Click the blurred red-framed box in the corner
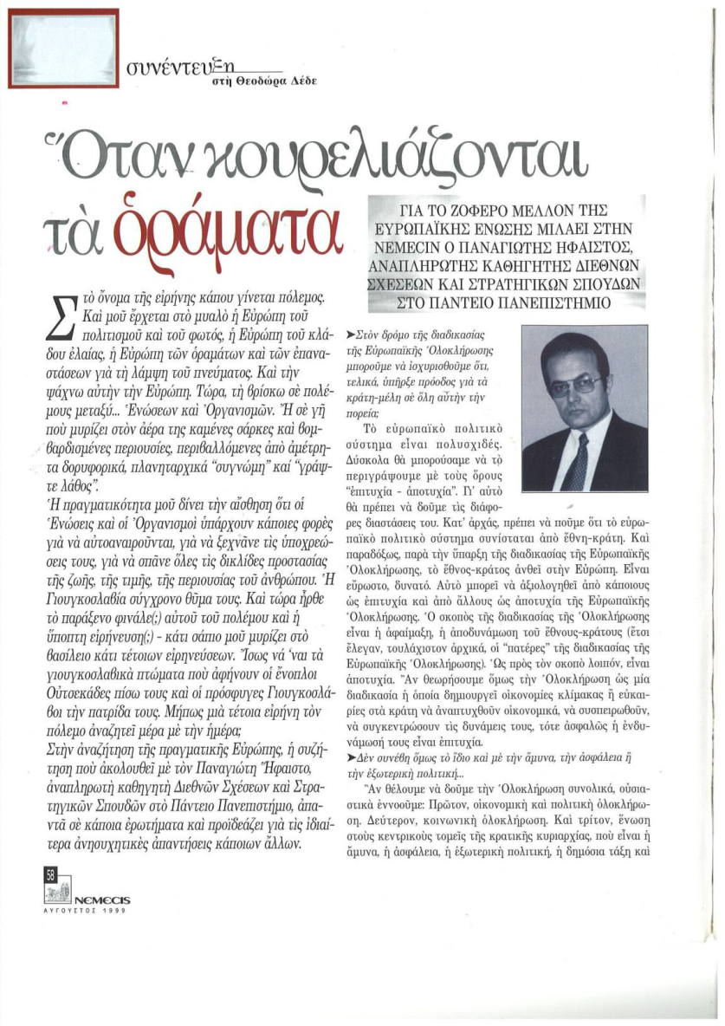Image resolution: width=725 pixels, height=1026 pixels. coord(62,48)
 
